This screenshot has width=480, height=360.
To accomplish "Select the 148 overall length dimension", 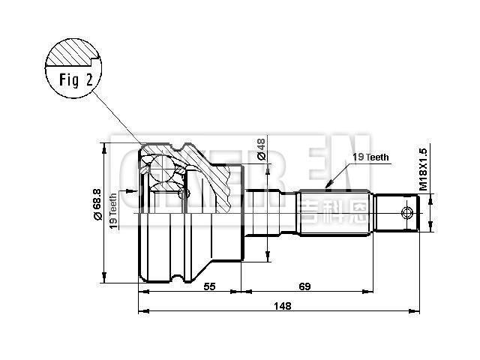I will tap(282, 306).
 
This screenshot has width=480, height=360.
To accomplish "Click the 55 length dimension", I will tap(209, 287).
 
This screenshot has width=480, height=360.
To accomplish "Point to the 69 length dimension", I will tap(304, 287).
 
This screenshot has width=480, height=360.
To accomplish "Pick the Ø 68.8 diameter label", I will tap(97, 203).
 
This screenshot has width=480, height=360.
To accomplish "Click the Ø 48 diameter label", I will tap(262, 149).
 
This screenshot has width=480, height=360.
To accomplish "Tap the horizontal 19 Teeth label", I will tap(370, 157).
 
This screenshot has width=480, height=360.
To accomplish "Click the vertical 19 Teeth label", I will tap(113, 211).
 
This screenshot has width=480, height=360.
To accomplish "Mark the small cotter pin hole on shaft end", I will tap(407, 212).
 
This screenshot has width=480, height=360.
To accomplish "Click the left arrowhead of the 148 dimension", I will tap(142, 310).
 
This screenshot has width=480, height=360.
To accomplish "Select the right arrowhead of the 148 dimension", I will tap(415, 310).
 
